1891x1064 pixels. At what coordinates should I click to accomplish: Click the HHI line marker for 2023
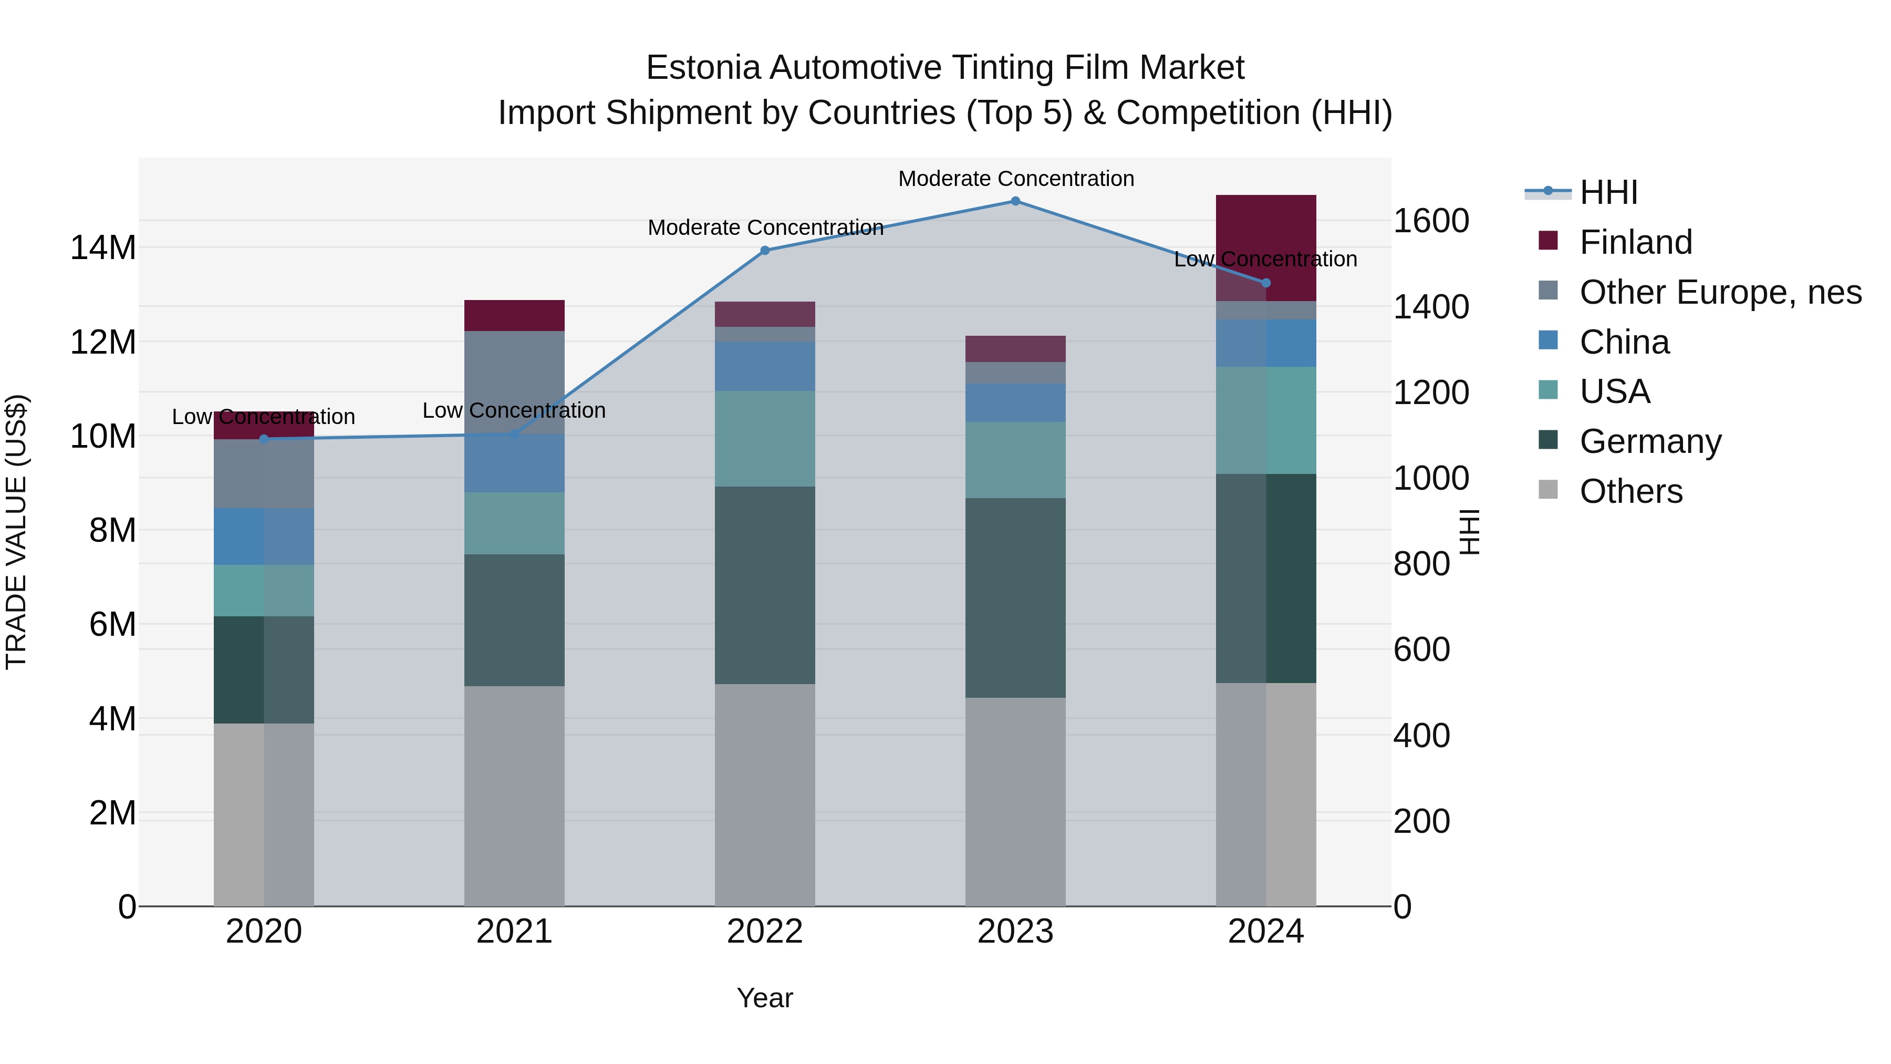pos(1015,201)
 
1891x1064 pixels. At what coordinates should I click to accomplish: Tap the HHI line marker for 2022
pos(765,251)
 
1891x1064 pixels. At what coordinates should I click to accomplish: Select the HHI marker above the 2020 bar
pos(264,439)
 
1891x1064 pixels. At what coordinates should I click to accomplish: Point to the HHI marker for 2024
pos(1265,283)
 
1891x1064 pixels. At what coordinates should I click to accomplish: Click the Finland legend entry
pos(1636,242)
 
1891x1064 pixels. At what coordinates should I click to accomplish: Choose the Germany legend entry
pos(1650,441)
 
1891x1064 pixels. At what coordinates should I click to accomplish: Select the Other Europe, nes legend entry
pos(1720,292)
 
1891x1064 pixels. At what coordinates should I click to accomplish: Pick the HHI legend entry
pos(1608,192)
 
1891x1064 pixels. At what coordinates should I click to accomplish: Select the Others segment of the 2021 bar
pos(514,796)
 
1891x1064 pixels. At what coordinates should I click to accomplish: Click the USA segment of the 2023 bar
pos(1015,460)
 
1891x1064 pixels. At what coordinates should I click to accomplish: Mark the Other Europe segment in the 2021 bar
pos(514,382)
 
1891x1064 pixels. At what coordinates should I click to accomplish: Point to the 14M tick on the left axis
pos(103,248)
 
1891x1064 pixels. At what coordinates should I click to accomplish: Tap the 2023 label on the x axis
pos(1015,932)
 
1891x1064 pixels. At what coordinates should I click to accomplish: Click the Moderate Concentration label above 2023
pos(1016,179)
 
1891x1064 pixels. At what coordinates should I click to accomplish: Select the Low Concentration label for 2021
pos(514,410)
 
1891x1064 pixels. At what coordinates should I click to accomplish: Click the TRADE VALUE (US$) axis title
pos(16,532)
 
